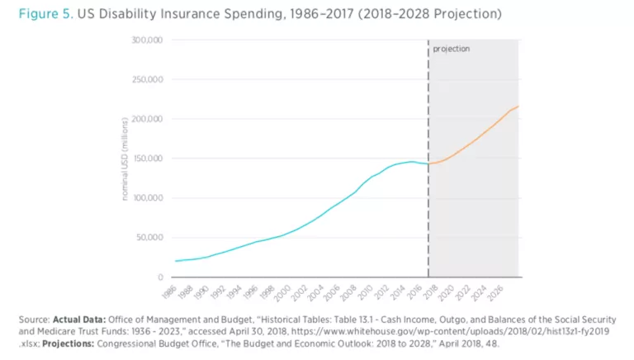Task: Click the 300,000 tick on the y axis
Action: coord(149,40)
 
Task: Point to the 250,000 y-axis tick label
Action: coord(149,79)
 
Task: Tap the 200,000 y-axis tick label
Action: coord(149,119)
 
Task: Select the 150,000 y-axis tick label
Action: coord(149,159)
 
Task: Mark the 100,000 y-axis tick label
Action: coord(149,198)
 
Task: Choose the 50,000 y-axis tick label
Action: coord(152,238)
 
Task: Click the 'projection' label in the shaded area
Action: coord(451,49)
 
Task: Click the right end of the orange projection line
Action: coord(518,107)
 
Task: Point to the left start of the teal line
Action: coord(175,261)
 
